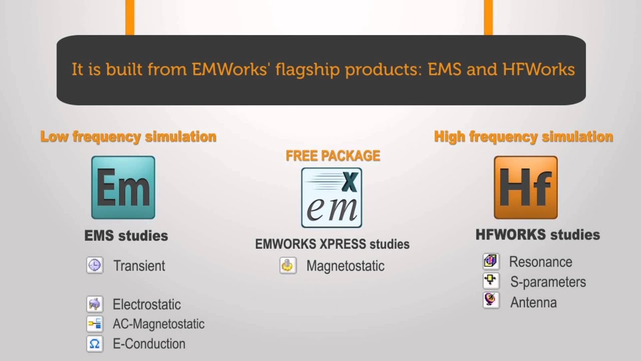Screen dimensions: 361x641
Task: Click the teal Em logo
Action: (x=123, y=188)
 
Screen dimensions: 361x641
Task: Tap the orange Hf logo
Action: (x=525, y=188)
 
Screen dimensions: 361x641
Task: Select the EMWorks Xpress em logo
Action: (x=332, y=198)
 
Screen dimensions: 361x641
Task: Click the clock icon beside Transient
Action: (x=95, y=265)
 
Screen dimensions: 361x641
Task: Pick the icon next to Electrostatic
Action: (x=95, y=304)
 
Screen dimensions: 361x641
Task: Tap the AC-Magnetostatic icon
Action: (x=95, y=324)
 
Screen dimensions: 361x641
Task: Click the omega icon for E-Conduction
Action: (x=95, y=344)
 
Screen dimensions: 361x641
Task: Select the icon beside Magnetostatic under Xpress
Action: (x=288, y=266)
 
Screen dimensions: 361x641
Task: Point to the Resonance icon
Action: (x=491, y=261)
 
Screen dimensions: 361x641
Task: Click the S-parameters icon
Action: (x=491, y=281)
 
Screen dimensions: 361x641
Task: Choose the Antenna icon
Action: (x=491, y=300)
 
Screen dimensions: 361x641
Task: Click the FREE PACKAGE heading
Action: (x=333, y=156)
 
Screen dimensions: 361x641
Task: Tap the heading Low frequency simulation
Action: (x=128, y=136)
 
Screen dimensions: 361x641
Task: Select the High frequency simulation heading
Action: (x=523, y=136)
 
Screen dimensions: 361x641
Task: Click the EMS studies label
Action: (x=126, y=236)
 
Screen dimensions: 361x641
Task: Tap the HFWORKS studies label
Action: (x=538, y=235)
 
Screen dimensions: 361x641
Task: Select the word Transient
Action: (x=139, y=266)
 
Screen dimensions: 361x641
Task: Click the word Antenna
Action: (x=533, y=302)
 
